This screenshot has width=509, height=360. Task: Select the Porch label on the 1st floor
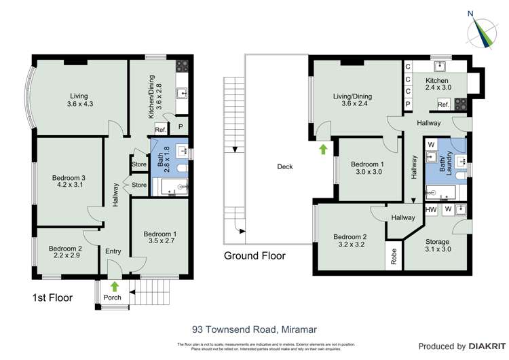112,297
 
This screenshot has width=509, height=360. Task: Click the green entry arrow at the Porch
113,286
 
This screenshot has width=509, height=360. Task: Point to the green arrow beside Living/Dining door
323,147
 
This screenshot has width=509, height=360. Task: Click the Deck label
284,166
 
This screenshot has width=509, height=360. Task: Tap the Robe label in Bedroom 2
394,256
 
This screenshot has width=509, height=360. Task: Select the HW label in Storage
430,210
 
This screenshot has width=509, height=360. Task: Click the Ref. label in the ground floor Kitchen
443,105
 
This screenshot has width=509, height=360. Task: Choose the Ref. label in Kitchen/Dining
161,130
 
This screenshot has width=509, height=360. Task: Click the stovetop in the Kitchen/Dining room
183,67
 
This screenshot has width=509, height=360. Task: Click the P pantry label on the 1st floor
181,126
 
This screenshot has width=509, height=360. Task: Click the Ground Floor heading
254,256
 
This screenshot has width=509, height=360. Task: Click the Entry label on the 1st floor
113,251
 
